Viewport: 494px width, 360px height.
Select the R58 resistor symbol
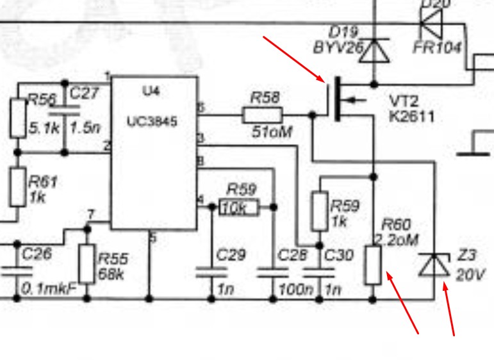[262, 115]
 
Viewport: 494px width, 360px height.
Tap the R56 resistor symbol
[18, 117]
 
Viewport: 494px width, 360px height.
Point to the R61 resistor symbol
[18, 188]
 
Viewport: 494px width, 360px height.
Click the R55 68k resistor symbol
[87, 263]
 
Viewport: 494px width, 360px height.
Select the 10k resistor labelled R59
[238, 208]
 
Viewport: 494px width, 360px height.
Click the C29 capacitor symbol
[211, 272]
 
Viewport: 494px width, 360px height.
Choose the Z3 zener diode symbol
[434, 265]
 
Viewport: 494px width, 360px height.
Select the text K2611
[411, 117]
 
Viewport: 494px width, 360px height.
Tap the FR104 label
[437, 48]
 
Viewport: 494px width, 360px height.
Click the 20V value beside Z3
[470, 275]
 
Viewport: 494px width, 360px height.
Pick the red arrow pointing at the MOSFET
[294, 58]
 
